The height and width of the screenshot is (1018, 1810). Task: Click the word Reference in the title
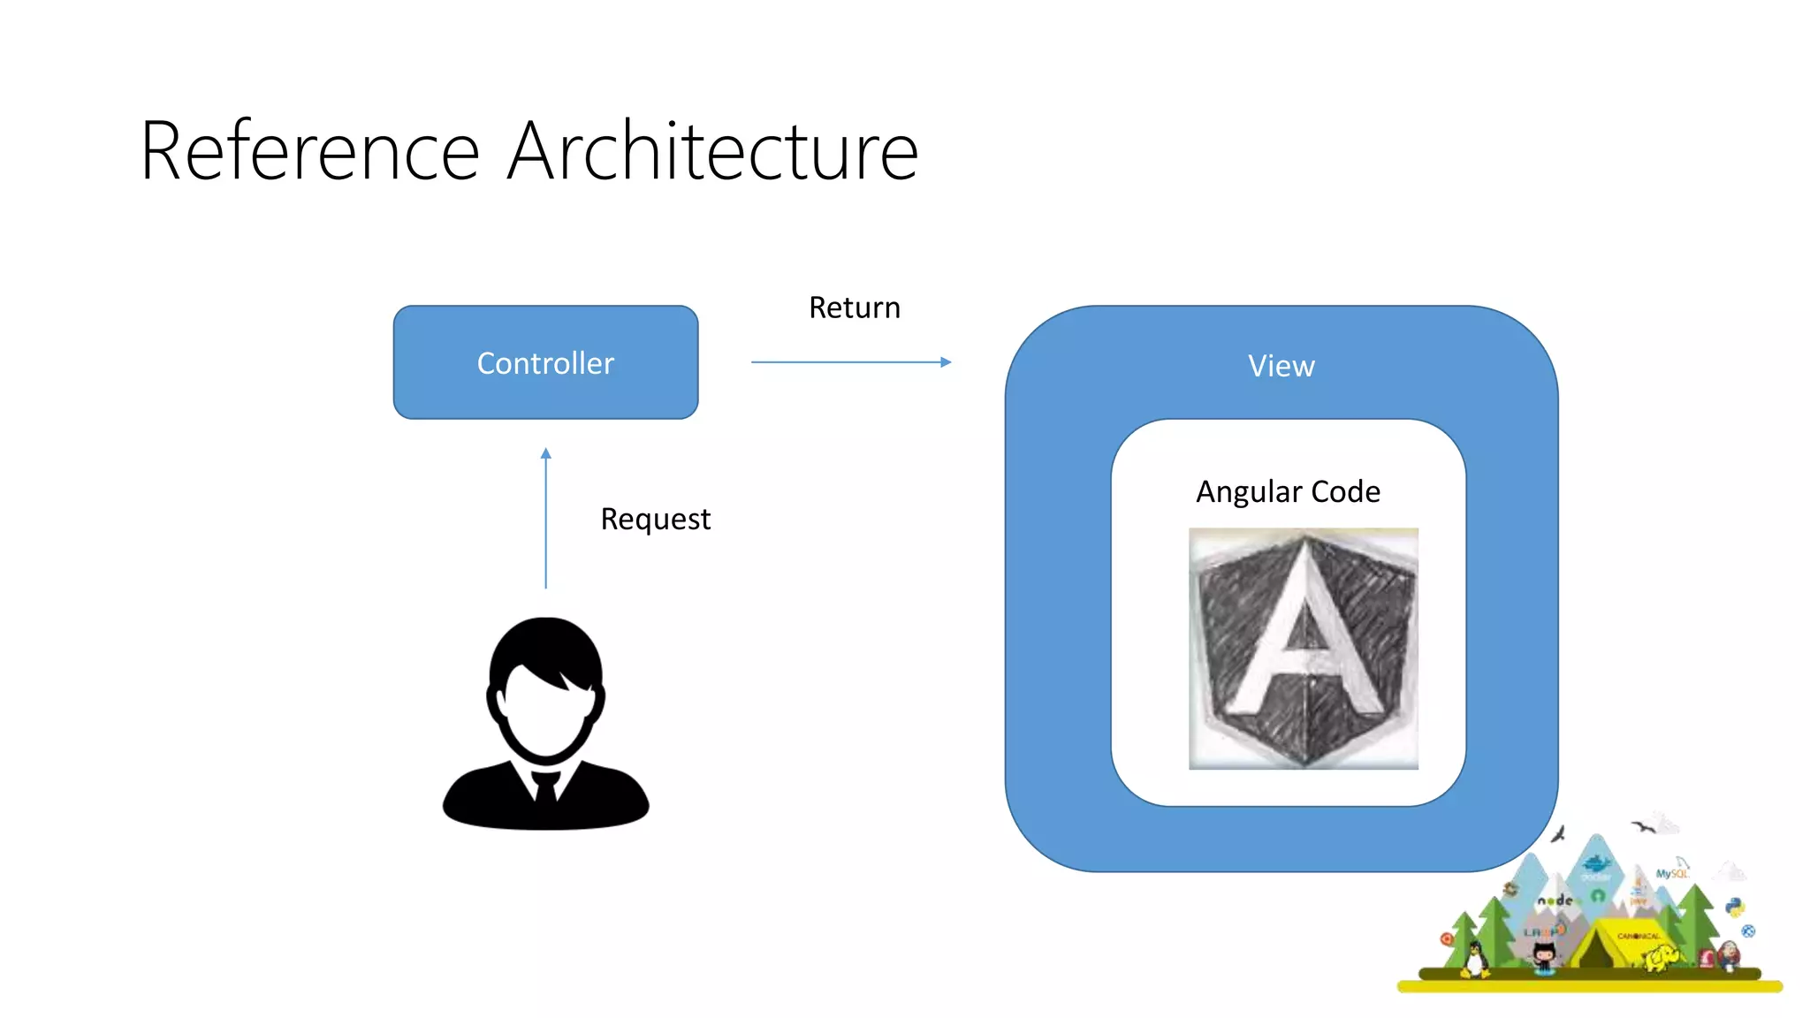[309, 152]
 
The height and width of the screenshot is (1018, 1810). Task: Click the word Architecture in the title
[714, 152]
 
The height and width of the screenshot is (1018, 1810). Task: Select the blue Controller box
[545, 362]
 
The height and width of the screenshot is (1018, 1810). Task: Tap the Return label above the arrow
[855, 308]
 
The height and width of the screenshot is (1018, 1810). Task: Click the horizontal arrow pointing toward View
[850, 362]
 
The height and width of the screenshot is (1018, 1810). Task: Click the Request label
[655, 519]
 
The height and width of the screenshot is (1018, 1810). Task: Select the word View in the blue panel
[1281, 366]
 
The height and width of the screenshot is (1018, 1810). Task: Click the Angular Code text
[1288, 491]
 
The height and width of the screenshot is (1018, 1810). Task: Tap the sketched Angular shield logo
[1304, 649]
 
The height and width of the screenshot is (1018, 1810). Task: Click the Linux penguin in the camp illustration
[1474, 959]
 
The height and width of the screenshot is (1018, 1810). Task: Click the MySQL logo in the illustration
[1671, 873]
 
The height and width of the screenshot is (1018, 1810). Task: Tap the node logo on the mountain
[1555, 900]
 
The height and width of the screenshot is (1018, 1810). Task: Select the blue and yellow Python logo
[1735, 908]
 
